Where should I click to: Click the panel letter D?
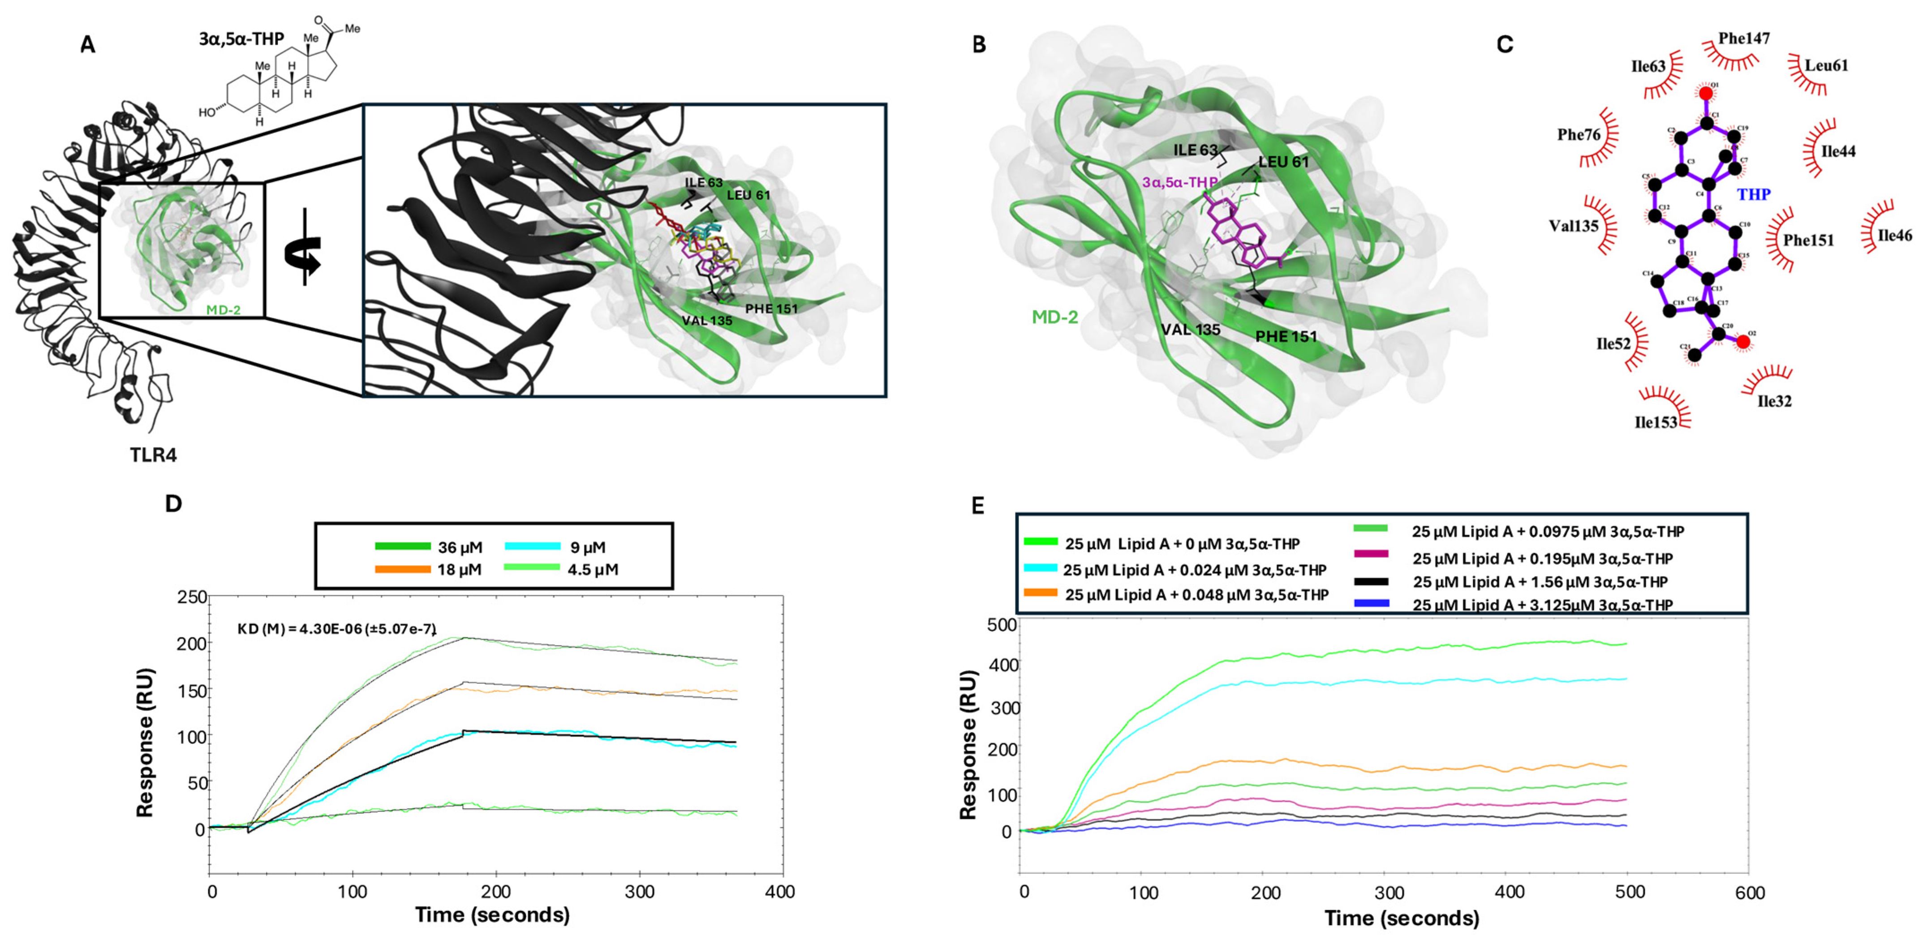[x=173, y=504]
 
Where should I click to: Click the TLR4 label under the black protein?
[x=153, y=455]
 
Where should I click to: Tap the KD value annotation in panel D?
[x=336, y=629]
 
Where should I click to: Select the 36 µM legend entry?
[x=429, y=547]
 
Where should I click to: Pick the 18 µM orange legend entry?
[x=429, y=570]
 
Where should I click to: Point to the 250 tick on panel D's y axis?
[x=192, y=597]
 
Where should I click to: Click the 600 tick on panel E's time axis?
[x=1749, y=892]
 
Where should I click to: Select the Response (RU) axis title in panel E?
[x=968, y=745]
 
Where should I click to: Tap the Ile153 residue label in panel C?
[x=1656, y=423]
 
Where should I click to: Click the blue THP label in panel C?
[x=1754, y=195]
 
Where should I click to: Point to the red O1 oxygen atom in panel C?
[x=1706, y=93]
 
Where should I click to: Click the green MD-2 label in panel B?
[x=1055, y=318]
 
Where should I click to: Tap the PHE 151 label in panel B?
[x=1286, y=337]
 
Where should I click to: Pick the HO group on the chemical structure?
[x=207, y=113]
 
